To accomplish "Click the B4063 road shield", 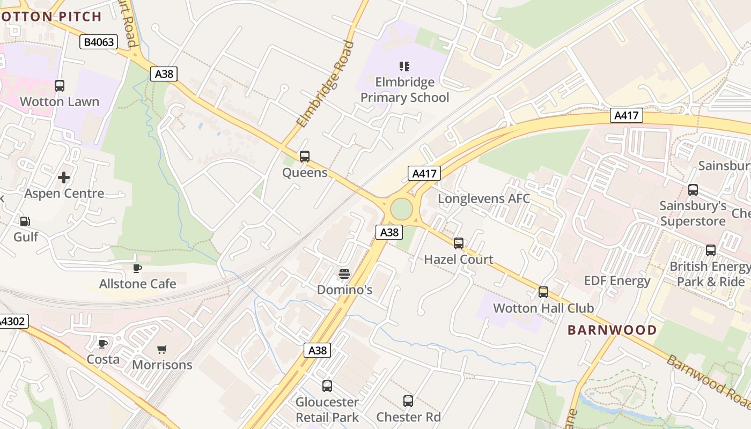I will coord(99,42).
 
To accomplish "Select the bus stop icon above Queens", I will coord(305,157).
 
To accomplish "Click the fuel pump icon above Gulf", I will coord(25,221).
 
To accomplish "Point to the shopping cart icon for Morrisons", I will coord(161,349).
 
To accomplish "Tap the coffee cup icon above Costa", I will coord(103,343).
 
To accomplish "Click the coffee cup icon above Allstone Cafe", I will coord(137,268).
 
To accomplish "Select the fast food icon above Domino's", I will coord(344,274).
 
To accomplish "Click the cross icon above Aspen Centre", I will coord(64,177).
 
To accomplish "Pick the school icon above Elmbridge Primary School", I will coord(404,66).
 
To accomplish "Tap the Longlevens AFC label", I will coord(484,199).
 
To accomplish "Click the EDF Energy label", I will coord(617,281).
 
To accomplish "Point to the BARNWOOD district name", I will coord(612,330).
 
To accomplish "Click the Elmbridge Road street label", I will coord(326,85).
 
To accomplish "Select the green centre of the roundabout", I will coord(401,209).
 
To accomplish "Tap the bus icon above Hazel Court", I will coord(459,243).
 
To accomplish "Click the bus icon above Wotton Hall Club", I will coord(543,292).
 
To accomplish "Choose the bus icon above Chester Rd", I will coord(408,401).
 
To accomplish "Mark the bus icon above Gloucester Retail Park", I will coord(327,386).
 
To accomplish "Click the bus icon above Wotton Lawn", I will coord(60,86).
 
